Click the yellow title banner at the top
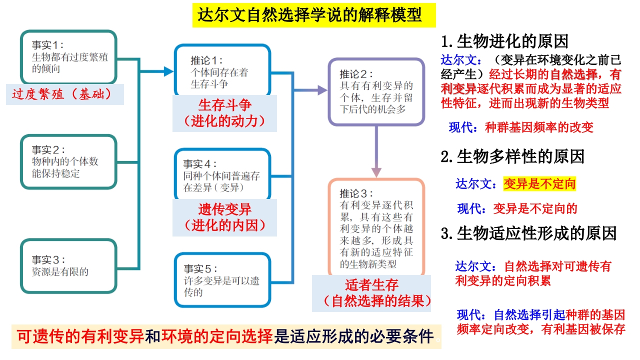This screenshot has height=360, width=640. click(314, 15)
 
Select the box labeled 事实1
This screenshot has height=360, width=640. click(68, 57)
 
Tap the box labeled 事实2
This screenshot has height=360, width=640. click(68, 161)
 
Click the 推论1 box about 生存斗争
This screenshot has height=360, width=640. click(222, 70)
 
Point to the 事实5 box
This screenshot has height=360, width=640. click(222, 280)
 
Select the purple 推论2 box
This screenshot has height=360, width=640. click(376, 91)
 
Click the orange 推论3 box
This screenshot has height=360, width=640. click(376, 227)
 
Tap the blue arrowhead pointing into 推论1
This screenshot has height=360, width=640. click(169, 71)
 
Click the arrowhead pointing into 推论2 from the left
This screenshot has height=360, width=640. click(322, 90)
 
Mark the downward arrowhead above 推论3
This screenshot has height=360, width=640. click(376, 172)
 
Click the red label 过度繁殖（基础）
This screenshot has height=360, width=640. click(61, 94)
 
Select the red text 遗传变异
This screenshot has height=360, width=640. click(225, 209)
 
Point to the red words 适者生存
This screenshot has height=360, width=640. click(371, 285)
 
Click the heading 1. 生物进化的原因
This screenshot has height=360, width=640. click(504, 41)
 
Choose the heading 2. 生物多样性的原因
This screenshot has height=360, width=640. click(512, 156)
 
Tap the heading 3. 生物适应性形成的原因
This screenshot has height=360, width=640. click(528, 233)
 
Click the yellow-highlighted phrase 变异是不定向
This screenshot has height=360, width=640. click(539, 183)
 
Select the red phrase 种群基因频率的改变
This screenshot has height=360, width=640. click(539, 127)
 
